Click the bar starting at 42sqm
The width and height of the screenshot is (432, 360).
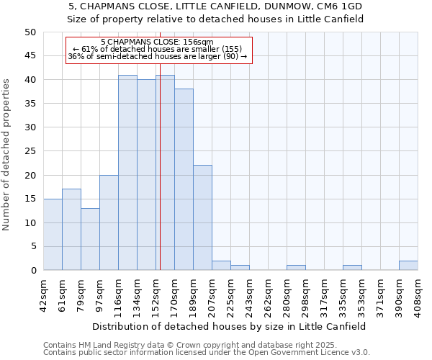point(53,235)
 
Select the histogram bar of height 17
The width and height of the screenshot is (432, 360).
point(71,230)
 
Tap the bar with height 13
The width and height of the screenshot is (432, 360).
point(90,239)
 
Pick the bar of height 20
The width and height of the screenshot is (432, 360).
point(109,222)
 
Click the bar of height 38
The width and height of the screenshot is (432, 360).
point(184,179)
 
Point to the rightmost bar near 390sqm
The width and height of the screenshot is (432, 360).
point(408,266)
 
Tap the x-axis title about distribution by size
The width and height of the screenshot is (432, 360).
point(230,326)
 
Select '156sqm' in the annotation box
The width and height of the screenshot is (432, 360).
point(198,42)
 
